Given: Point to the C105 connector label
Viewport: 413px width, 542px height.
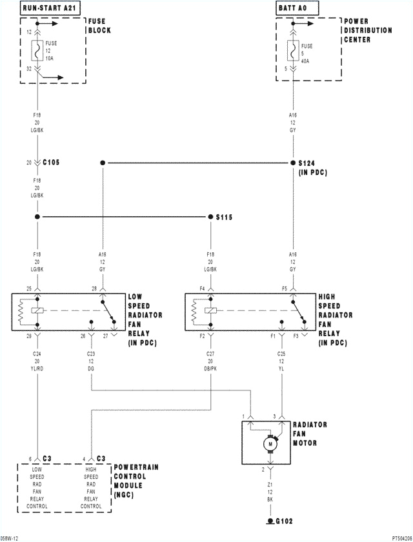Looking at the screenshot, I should [52, 163].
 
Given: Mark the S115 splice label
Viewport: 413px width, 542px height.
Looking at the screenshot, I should [223, 217].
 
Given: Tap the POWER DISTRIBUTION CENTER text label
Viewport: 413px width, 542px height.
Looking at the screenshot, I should [368, 30].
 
